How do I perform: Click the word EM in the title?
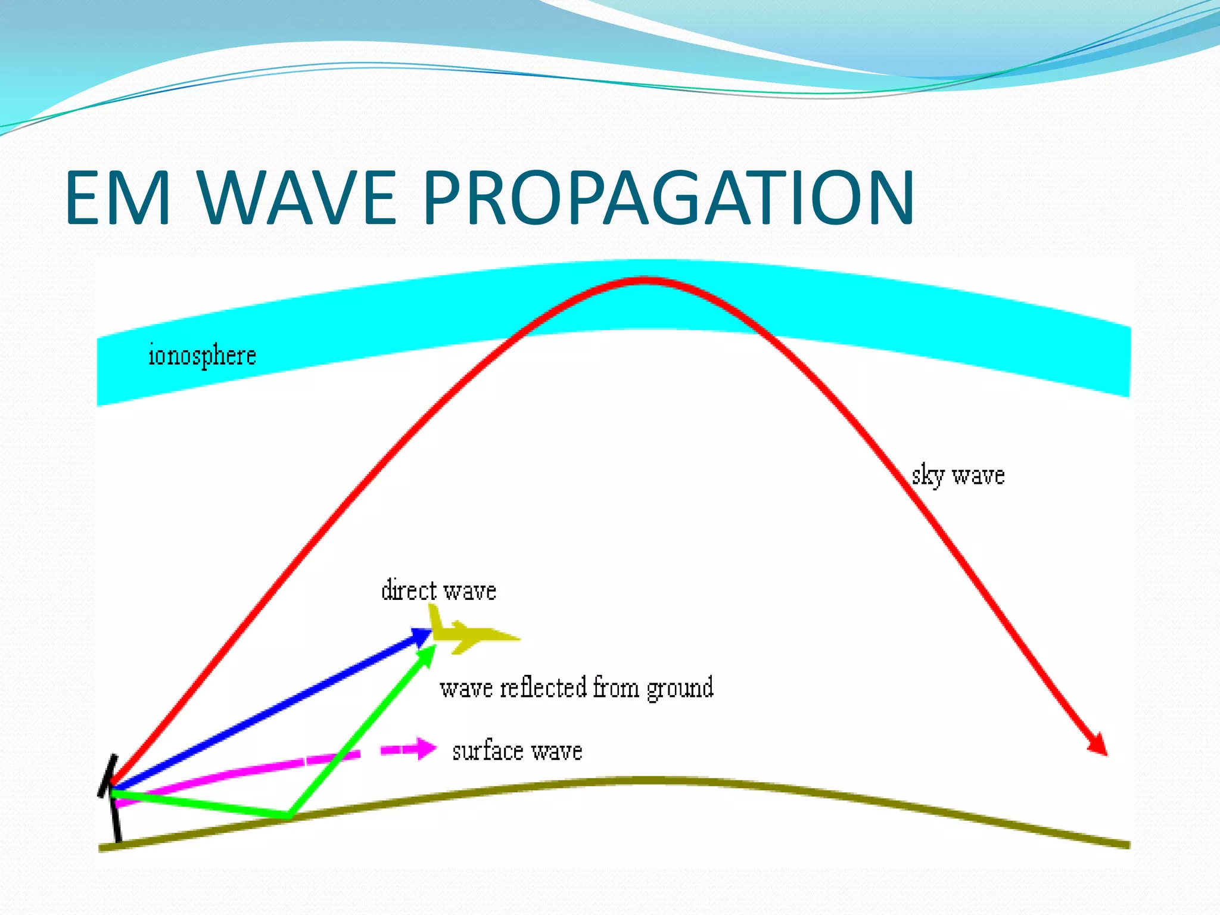tap(118, 198)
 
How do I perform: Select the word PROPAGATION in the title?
tap(668, 198)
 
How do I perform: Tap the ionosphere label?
tap(202, 356)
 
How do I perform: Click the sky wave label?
tap(958, 475)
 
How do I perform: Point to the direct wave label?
tap(438, 590)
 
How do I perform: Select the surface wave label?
tap(517, 751)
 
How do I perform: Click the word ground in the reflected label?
tap(680, 688)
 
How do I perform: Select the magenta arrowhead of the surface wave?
tap(426, 748)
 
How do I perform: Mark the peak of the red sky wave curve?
tap(645, 280)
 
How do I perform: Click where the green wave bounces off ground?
tap(288, 815)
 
